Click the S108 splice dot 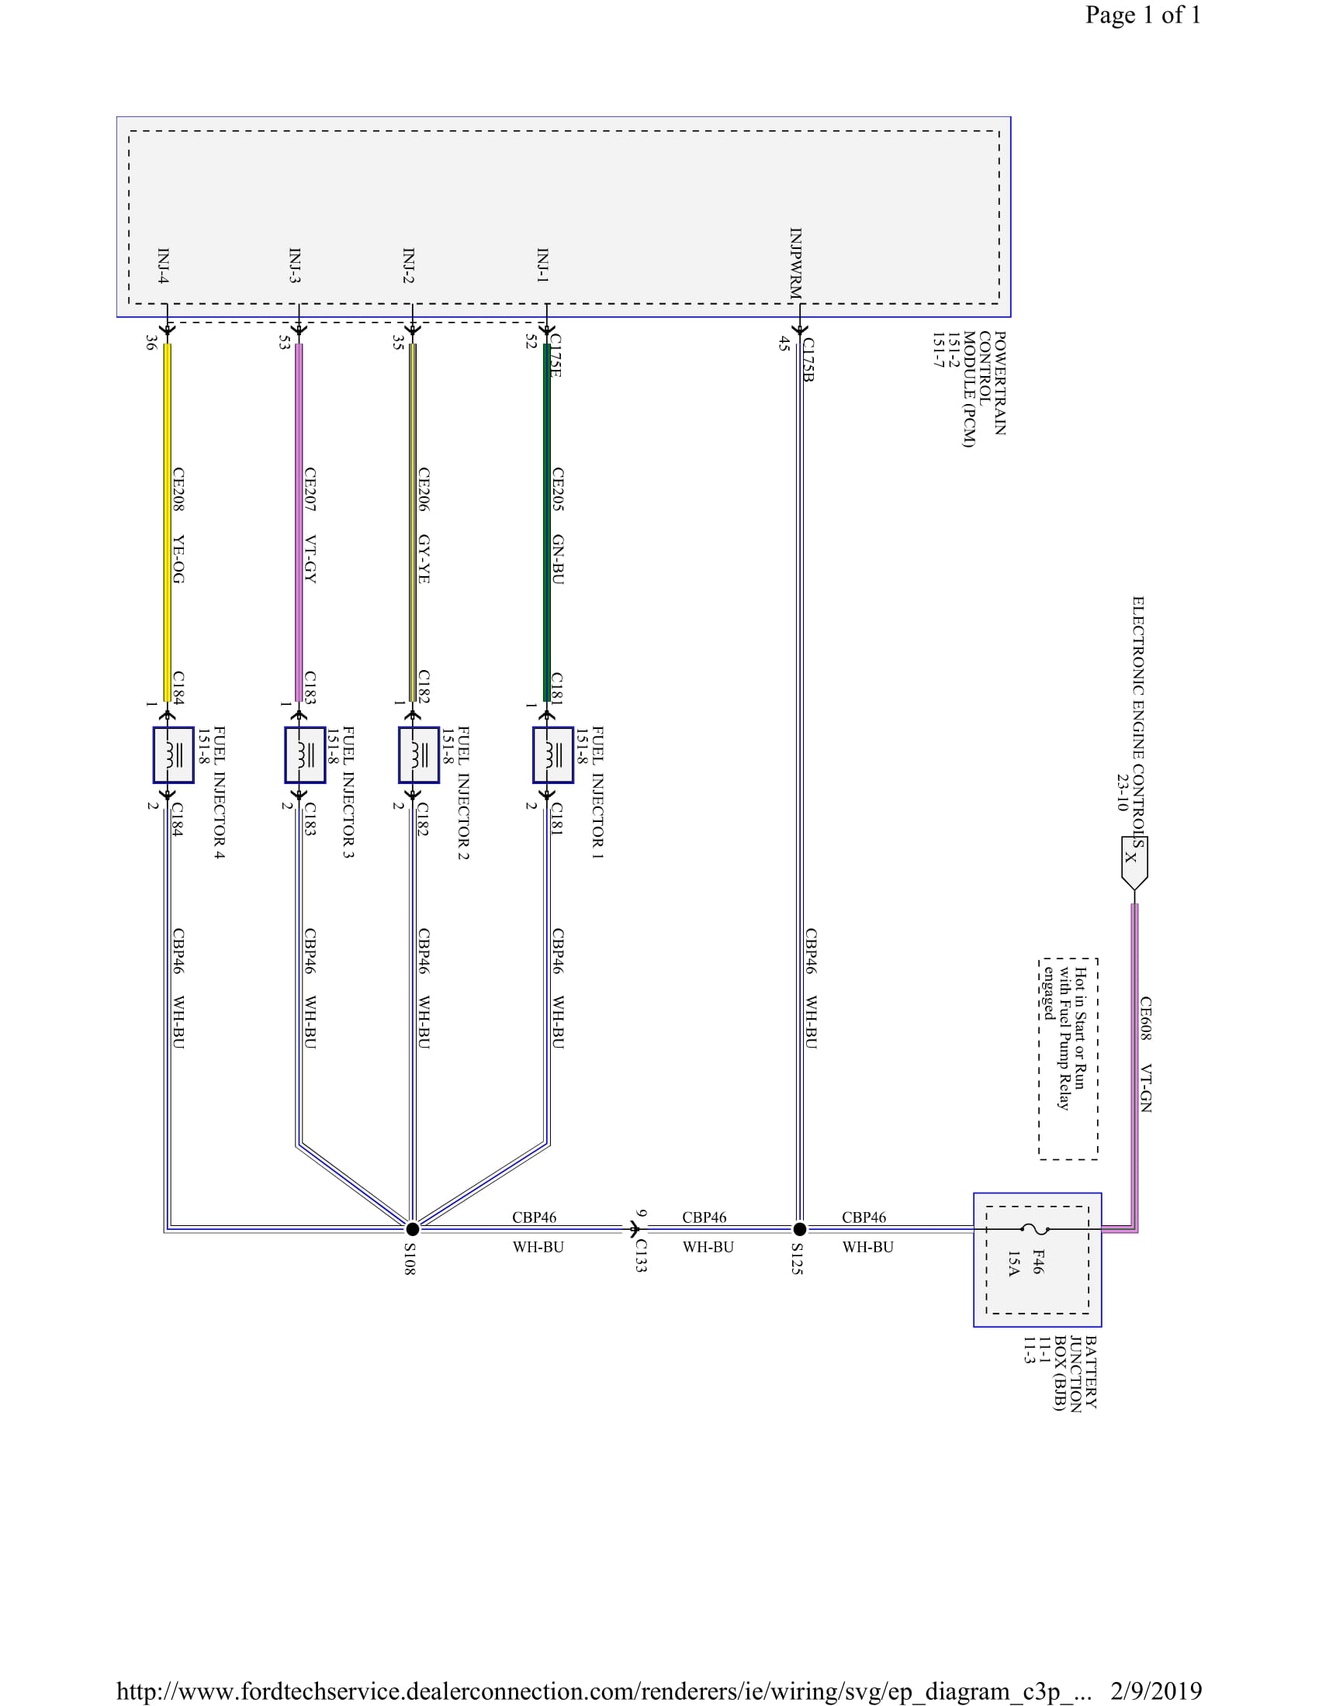coord(413,1229)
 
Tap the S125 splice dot coord(799,1229)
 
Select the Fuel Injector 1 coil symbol coord(553,755)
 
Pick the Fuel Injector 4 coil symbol coord(174,755)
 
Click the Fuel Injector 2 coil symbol coord(419,755)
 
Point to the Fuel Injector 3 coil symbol coord(305,755)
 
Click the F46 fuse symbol coord(1035,1229)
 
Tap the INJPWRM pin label coord(795,263)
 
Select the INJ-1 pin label coord(542,264)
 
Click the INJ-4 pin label coord(163,265)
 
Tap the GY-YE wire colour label coord(424,559)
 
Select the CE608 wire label coord(1144,1018)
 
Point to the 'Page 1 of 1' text coord(1142,15)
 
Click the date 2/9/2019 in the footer coord(1155,1691)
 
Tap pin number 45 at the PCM coord(784,343)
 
